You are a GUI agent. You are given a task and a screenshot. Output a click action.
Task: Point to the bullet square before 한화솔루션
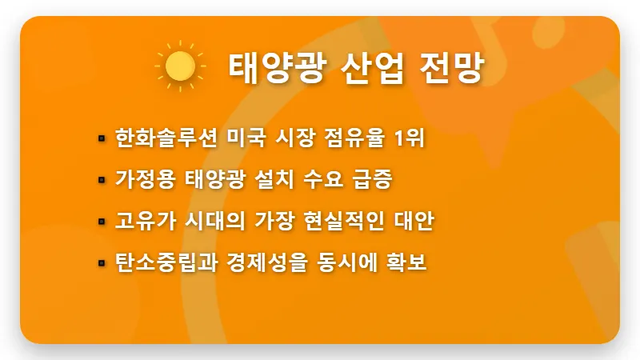click(x=102, y=138)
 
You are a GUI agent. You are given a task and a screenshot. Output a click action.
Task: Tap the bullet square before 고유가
click(x=102, y=222)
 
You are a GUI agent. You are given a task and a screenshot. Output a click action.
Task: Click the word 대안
click(x=414, y=222)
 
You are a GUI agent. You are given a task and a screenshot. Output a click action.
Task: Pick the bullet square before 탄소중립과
click(x=102, y=263)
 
